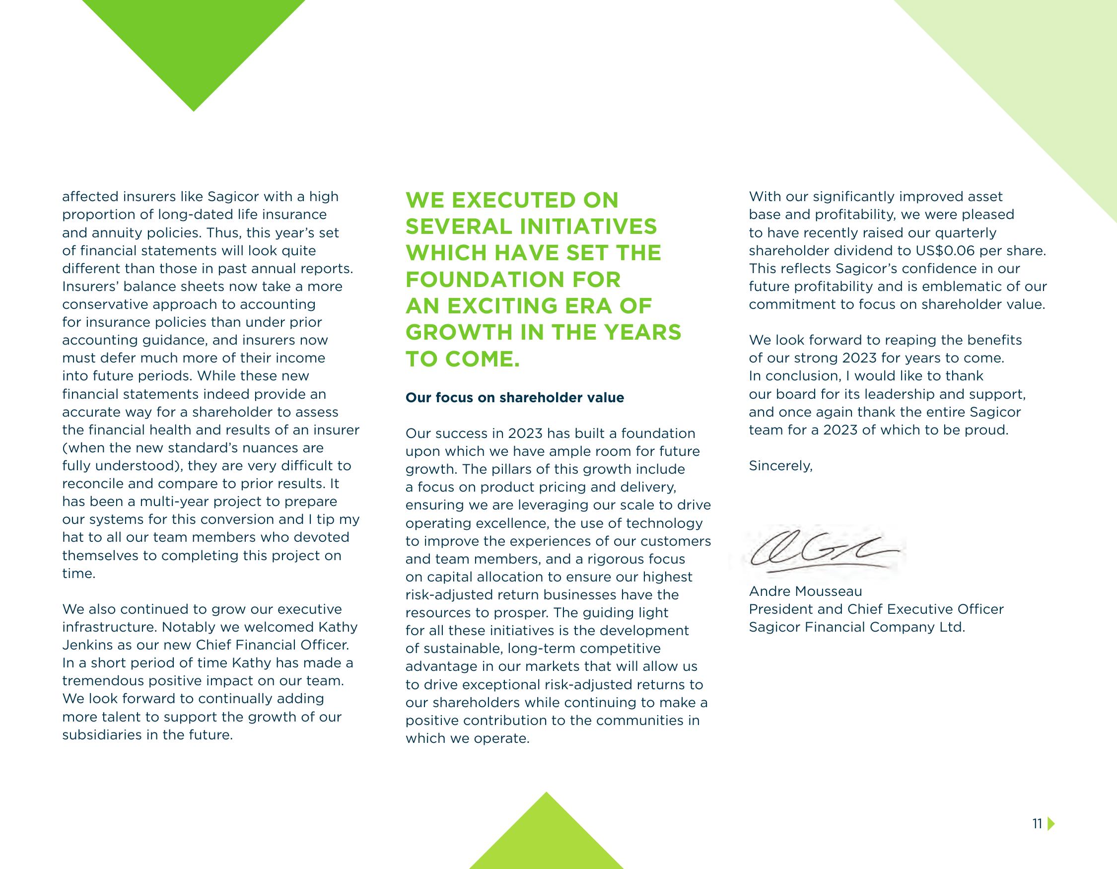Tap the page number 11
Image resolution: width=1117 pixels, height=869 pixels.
(x=1037, y=838)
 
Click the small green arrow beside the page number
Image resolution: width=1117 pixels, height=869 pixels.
(x=1051, y=838)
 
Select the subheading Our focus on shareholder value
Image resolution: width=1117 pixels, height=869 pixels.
(x=514, y=397)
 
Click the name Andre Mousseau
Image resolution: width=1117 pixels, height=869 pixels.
(x=806, y=591)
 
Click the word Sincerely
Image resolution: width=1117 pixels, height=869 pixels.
(x=780, y=466)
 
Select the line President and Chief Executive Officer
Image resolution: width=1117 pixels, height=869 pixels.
(x=876, y=609)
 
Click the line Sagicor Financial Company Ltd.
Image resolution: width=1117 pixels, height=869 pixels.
(x=857, y=627)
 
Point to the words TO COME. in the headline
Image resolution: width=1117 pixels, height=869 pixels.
(x=462, y=359)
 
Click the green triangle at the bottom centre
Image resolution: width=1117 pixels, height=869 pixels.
(x=546, y=839)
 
